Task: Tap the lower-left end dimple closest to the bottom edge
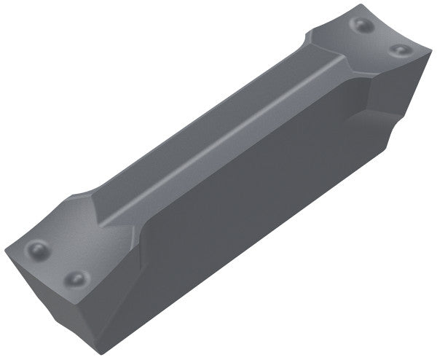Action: point(75,278)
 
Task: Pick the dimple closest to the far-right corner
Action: point(398,50)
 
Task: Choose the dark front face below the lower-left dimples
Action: point(58,313)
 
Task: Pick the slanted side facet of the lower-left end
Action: point(127,291)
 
